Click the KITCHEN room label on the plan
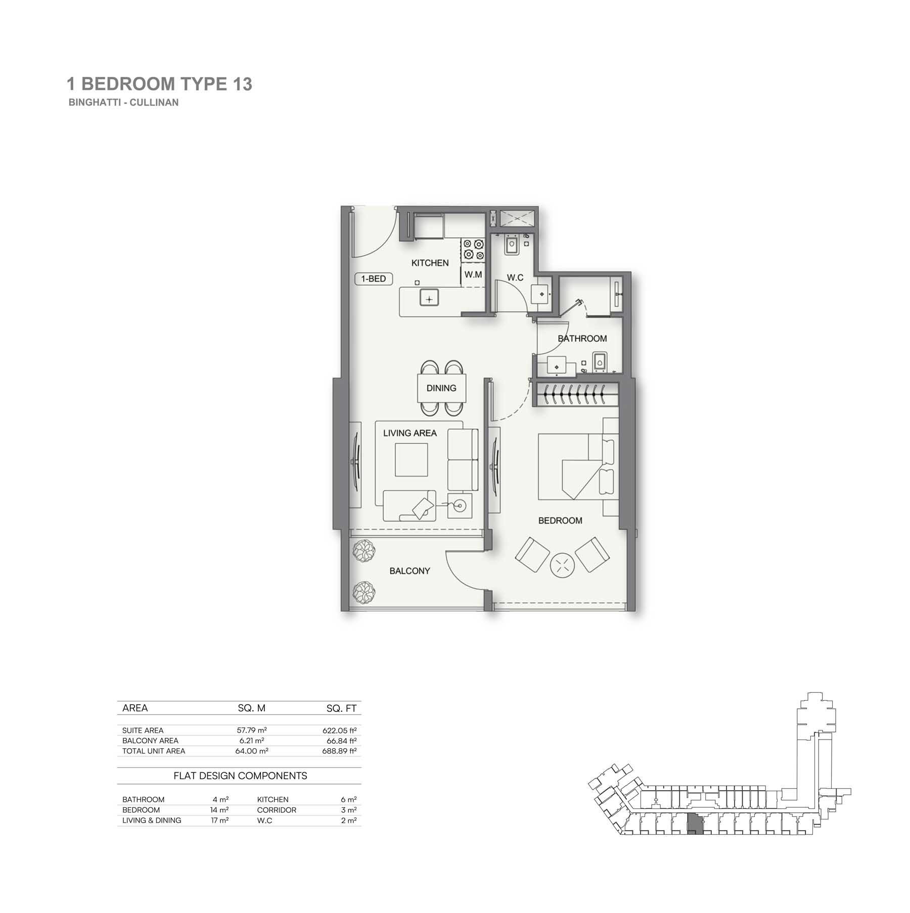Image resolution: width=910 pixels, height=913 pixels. click(x=430, y=263)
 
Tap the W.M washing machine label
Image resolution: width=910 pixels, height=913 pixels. click(x=473, y=275)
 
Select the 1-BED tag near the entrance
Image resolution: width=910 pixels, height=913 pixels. click(x=374, y=279)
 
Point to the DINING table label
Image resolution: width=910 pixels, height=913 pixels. click(x=441, y=388)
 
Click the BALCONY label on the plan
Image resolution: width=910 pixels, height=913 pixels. click(x=409, y=571)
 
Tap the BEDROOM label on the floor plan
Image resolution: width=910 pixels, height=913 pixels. click(x=560, y=520)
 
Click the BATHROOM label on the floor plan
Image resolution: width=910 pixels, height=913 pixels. click(x=582, y=338)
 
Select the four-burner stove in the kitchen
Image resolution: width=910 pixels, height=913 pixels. click(x=473, y=250)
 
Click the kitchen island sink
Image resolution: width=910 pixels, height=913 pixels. click(x=429, y=299)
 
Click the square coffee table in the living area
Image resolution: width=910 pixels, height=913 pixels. click(x=412, y=460)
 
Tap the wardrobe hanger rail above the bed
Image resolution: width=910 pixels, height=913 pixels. click(x=576, y=394)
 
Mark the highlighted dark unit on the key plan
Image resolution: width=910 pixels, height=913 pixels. click(x=695, y=825)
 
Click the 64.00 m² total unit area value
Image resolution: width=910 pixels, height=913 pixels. click(x=252, y=751)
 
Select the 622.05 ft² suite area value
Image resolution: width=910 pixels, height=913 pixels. click(x=340, y=730)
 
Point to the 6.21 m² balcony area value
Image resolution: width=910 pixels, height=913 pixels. click(x=252, y=741)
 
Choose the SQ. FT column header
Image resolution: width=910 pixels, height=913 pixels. click(x=341, y=708)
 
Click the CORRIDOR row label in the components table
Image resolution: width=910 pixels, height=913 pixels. click(x=277, y=810)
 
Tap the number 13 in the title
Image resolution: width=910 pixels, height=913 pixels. click(x=243, y=84)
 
